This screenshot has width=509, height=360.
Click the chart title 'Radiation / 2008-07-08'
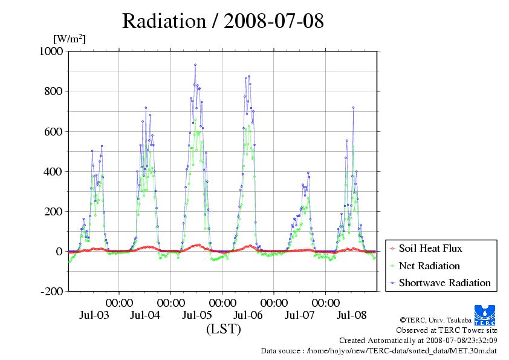(x=222, y=21)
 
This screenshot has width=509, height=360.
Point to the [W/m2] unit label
(x=69, y=39)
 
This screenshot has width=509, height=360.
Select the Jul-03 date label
(x=94, y=315)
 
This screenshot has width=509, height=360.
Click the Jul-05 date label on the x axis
(x=197, y=315)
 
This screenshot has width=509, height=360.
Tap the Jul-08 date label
(x=351, y=315)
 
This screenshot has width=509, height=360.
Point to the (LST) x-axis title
(x=223, y=330)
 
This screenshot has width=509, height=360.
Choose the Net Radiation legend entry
(x=429, y=266)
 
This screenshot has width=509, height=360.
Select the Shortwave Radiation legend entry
(x=444, y=283)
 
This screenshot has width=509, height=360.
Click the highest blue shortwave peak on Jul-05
(x=195, y=65)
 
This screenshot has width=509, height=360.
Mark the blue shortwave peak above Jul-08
(x=353, y=108)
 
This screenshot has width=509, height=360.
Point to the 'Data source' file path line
(x=379, y=350)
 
